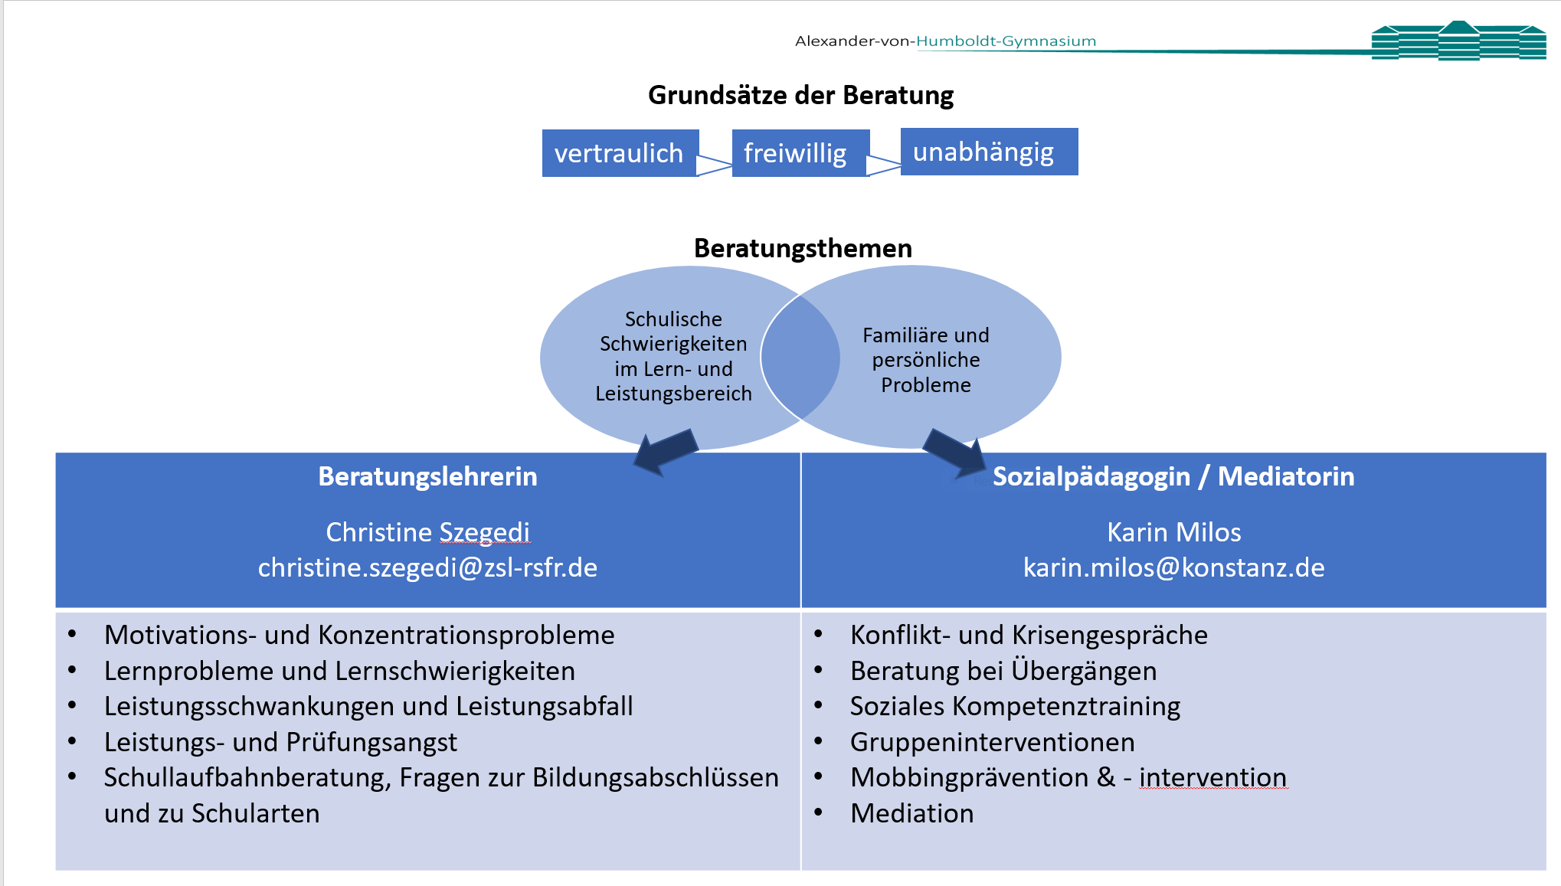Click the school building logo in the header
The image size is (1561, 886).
click(1458, 41)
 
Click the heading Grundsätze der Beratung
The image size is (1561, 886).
click(800, 95)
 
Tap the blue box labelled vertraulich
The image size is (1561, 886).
click(619, 153)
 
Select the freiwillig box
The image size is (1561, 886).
click(795, 153)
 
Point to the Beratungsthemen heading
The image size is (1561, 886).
click(803, 248)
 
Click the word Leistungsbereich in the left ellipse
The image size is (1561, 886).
click(673, 394)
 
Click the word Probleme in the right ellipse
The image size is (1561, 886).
click(925, 385)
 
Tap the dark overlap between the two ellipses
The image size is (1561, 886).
click(800, 357)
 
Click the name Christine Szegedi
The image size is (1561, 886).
click(427, 532)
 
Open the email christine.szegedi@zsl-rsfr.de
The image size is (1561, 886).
click(427, 567)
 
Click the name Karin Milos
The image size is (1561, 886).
click(1173, 532)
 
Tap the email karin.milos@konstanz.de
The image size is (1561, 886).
click(1173, 567)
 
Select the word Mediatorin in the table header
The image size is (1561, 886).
click(1286, 476)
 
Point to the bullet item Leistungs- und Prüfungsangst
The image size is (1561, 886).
click(280, 742)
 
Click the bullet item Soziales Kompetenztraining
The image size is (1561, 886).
click(1015, 706)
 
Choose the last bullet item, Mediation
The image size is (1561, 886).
click(911, 813)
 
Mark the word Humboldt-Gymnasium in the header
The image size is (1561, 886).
click(1006, 41)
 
